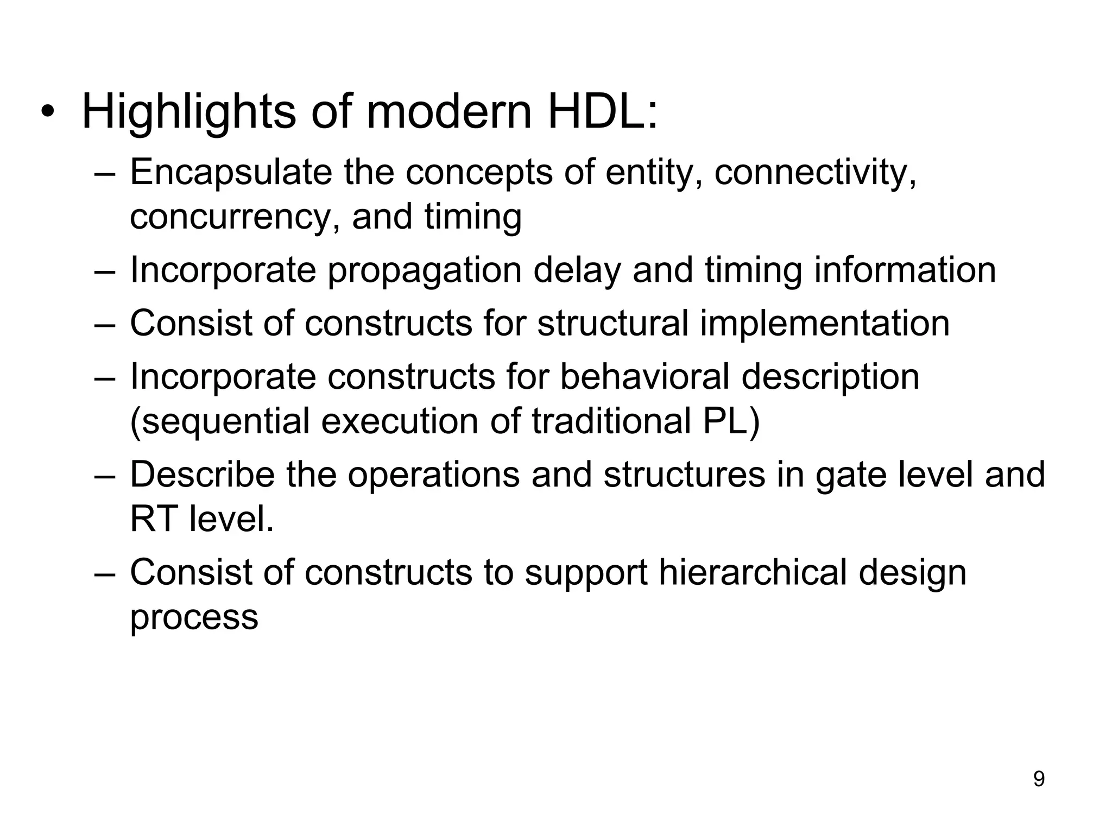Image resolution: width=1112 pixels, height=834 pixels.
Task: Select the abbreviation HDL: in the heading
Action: (x=602, y=112)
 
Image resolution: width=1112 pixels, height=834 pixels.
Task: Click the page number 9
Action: (x=1038, y=779)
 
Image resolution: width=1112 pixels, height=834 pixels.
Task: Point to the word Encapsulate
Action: (x=231, y=173)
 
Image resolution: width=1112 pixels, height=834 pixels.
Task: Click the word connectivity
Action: (x=814, y=173)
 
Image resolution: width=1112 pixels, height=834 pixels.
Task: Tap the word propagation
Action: (x=424, y=270)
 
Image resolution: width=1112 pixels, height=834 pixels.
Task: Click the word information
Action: (x=905, y=270)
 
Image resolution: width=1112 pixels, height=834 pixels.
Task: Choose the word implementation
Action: (x=824, y=323)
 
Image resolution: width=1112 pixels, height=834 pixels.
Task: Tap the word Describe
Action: (x=202, y=475)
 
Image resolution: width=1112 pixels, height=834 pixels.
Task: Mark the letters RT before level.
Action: (x=154, y=519)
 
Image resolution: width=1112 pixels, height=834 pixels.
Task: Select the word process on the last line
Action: (x=194, y=618)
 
